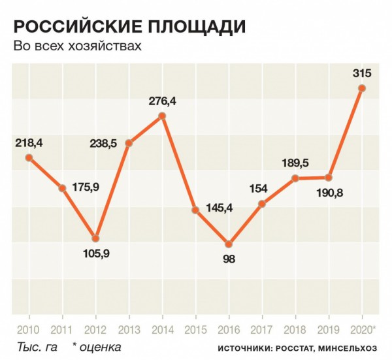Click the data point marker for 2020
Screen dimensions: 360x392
[362, 88]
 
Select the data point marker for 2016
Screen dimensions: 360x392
[229, 243]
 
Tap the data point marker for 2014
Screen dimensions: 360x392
[162, 116]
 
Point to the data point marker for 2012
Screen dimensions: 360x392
[95, 238]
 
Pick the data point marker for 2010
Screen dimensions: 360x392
[29, 157]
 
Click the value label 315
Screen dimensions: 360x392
[362, 73]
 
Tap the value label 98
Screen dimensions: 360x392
[229, 259]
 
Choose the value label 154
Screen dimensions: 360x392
[259, 188]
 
